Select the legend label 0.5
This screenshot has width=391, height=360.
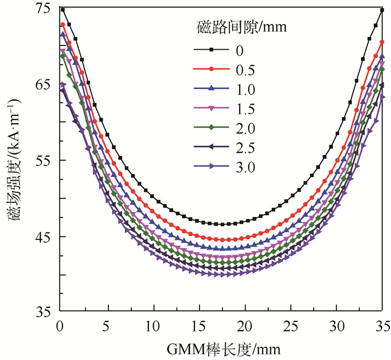(x=245, y=70)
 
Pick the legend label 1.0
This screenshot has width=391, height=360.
(x=245, y=89)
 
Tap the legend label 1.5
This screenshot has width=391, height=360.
(x=245, y=109)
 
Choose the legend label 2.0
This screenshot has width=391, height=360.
(x=245, y=129)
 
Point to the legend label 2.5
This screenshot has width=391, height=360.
(x=245, y=148)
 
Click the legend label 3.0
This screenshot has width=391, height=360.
(x=245, y=167)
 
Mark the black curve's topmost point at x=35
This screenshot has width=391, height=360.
(x=382, y=10)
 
